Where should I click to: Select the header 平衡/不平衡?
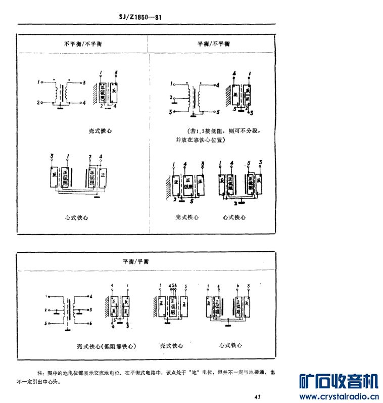tap(214, 44)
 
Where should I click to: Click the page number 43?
tap(258, 396)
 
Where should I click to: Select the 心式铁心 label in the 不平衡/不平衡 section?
tap(77, 217)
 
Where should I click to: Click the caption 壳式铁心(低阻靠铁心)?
tap(106, 346)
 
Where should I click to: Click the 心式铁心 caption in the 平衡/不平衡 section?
tap(234, 217)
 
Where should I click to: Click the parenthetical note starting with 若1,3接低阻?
tap(224, 136)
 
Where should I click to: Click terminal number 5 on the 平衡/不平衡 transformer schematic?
tap(217, 110)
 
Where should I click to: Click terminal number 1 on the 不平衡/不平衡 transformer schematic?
tap(39, 81)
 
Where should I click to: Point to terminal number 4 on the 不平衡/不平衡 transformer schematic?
tap(85, 103)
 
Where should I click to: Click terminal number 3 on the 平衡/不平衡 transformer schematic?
tap(171, 111)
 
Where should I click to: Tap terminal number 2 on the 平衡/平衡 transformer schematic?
tap(46, 309)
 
